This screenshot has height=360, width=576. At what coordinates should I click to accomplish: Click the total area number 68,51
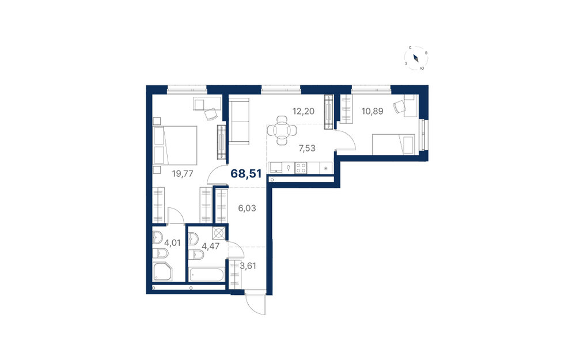pyautogui.click(x=246, y=173)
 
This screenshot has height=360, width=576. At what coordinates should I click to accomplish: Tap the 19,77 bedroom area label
pyautogui.click(x=183, y=174)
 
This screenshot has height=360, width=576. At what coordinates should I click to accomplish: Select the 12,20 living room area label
pyautogui.click(x=304, y=111)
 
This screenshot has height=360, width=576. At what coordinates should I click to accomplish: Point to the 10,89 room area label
pyautogui.click(x=373, y=111)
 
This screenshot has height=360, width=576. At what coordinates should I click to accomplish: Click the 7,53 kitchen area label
pyautogui.click(x=307, y=149)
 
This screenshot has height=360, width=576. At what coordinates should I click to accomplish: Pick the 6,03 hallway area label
pyautogui.click(x=247, y=209)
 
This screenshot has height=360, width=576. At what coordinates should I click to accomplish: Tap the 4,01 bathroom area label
pyautogui.click(x=172, y=243)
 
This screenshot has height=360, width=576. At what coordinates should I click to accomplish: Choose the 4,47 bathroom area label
pyautogui.click(x=211, y=246)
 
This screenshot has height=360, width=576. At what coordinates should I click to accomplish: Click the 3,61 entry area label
pyautogui.click(x=248, y=266)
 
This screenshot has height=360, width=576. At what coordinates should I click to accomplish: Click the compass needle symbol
pyautogui.click(x=416, y=58)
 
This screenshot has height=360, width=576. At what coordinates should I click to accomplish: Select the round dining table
pyautogui.click(x=282, y=130)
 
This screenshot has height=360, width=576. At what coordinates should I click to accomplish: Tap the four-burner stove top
pyautogui.click(x=301, y=168)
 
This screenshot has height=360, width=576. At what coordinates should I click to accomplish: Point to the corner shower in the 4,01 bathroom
pyautogui.click(x=162, y=272)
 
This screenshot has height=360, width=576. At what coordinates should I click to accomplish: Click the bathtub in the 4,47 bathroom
pyautogui.click(x=206, y=275)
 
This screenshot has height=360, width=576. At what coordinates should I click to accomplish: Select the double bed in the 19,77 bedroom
pyautogui.click(x=175, y=146)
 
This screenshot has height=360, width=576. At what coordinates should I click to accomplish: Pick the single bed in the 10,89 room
pyautogui.click(x=393, y=145)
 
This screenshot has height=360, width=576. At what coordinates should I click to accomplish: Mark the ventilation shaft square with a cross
pyautogui.click(x=219, y=233)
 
